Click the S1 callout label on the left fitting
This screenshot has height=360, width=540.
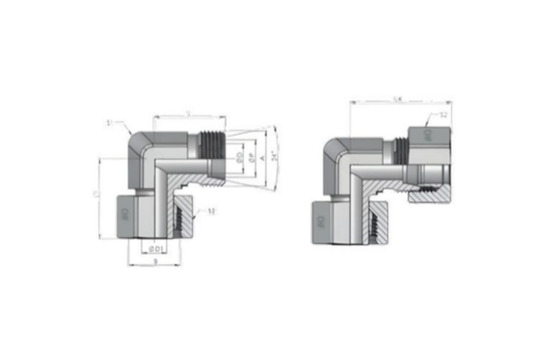121,125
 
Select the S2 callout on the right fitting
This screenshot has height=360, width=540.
444,117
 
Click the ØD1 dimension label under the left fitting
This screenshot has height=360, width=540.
156,248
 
